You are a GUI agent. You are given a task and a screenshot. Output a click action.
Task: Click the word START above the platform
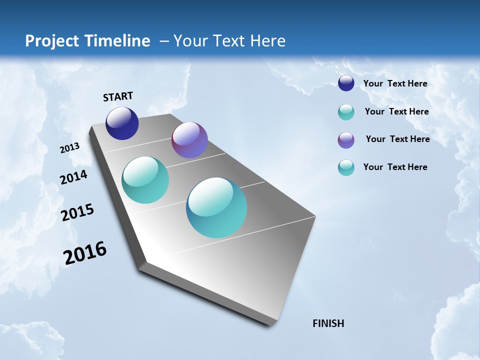tap(118, 96)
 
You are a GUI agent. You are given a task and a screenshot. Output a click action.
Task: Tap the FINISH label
tap(328, 323)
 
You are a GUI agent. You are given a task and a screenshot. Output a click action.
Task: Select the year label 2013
tap(70, 148)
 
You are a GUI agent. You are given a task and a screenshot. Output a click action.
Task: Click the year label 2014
tap(74, 177)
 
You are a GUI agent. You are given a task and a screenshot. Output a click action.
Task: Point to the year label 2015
tap(77, 212)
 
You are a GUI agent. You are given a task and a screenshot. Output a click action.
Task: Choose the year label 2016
tap(85, 253)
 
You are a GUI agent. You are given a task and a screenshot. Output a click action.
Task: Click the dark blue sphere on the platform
tap(122, 123)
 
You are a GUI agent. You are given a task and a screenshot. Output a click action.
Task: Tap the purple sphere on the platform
tap(189, 140)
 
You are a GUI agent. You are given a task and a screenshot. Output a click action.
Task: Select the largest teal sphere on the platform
tap(216, 207)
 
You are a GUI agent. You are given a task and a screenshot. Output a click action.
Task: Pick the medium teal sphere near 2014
tap(145, 180)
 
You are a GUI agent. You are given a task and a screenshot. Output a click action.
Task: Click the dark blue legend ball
tap(346, 83)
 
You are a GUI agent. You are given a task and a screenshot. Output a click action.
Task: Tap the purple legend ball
tap(346, 140)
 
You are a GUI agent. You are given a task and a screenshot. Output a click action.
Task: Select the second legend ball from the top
tap(346, 112)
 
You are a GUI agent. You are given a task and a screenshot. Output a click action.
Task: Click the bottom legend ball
tap(346, 167)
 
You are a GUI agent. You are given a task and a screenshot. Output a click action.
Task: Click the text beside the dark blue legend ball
tap(395, 83)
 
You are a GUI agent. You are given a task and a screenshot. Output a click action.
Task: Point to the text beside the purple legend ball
tap(397, 139)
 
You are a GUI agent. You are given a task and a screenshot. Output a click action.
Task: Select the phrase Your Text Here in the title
tap(229, 41)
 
